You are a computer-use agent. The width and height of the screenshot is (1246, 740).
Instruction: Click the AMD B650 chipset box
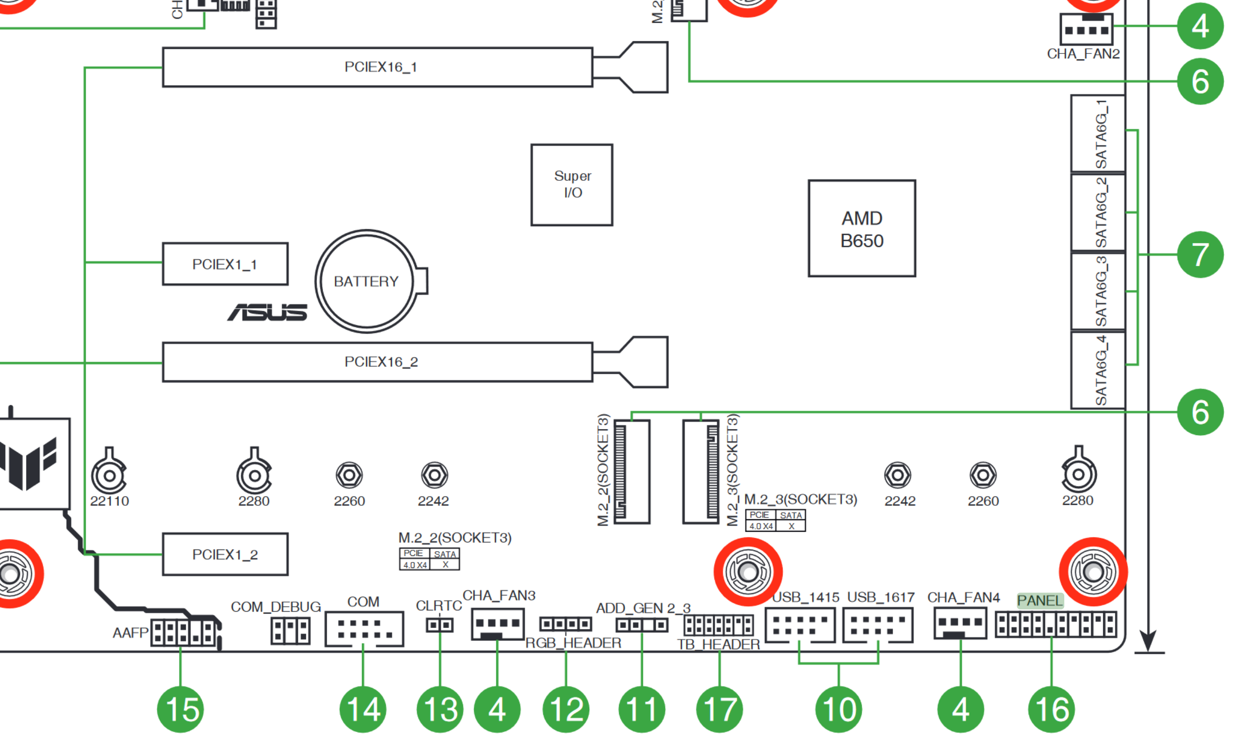coord(861,228)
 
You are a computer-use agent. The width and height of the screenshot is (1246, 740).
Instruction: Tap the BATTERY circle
coord(367,281)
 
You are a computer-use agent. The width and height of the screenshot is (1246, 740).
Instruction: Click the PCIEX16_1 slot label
coord(381,67)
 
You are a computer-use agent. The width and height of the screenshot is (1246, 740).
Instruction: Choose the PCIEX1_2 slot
coord(225,554)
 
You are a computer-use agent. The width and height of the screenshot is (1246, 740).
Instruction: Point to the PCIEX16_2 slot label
coord(381,362)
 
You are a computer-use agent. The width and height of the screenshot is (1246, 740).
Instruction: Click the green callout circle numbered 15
coord(180,709)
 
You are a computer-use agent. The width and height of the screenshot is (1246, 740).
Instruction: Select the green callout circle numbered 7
coord(1199,254)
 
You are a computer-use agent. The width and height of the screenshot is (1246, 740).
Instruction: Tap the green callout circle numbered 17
coord(719,709)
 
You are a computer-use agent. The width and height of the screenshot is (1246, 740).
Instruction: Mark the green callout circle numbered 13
coord(440,709)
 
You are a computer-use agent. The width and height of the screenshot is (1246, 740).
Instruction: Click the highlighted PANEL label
coord(1040,601)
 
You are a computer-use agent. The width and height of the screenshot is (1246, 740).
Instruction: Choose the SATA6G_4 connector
coord(1097,370)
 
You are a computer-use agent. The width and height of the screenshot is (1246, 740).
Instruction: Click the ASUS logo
coord(267,312)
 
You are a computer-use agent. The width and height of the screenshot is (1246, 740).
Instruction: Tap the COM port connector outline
coord(364,629)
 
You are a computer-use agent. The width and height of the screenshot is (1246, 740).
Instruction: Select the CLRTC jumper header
coord(439,624)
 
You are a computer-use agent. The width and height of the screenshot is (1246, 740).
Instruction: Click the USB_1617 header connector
coord(877,625)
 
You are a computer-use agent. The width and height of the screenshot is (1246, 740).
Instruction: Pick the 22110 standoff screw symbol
coord(109,475)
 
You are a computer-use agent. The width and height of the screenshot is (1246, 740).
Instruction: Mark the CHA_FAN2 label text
coord(1082,54)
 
